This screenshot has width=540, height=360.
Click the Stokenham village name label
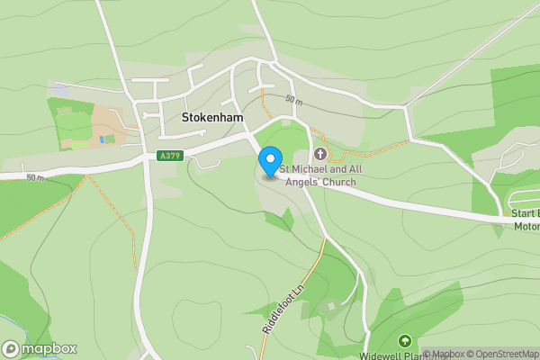(213, 118)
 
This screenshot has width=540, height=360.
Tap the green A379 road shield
(166, 156)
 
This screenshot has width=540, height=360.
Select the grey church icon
(319, 154)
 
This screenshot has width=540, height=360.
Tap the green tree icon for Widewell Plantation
(404, 341)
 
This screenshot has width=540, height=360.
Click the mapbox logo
(40, 348)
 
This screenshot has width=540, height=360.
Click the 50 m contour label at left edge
(35, 178)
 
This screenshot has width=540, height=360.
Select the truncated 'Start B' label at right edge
(525, 213)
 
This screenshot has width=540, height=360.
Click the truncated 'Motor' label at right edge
(526, 226)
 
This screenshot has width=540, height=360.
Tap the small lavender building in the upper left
(61, 90)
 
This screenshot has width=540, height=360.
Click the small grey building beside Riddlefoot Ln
(331, 308)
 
